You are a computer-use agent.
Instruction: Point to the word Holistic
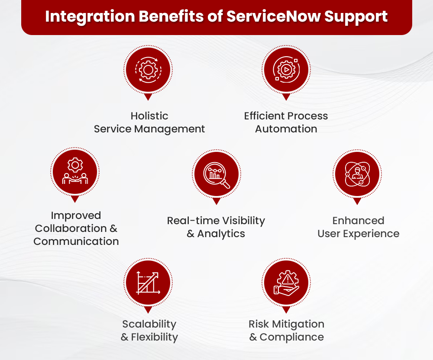(x=149, y=116)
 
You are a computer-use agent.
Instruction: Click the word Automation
(x=286, y=129)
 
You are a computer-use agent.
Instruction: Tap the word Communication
(x=76, y=241)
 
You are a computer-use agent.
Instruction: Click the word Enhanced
(x=358, y=221)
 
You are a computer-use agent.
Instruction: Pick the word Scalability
(x=149, y=324)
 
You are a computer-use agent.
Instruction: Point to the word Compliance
(x=292, y=337)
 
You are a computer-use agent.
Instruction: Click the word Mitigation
(x=299, y=324)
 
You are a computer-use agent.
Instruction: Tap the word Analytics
(x=221, y=234)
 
